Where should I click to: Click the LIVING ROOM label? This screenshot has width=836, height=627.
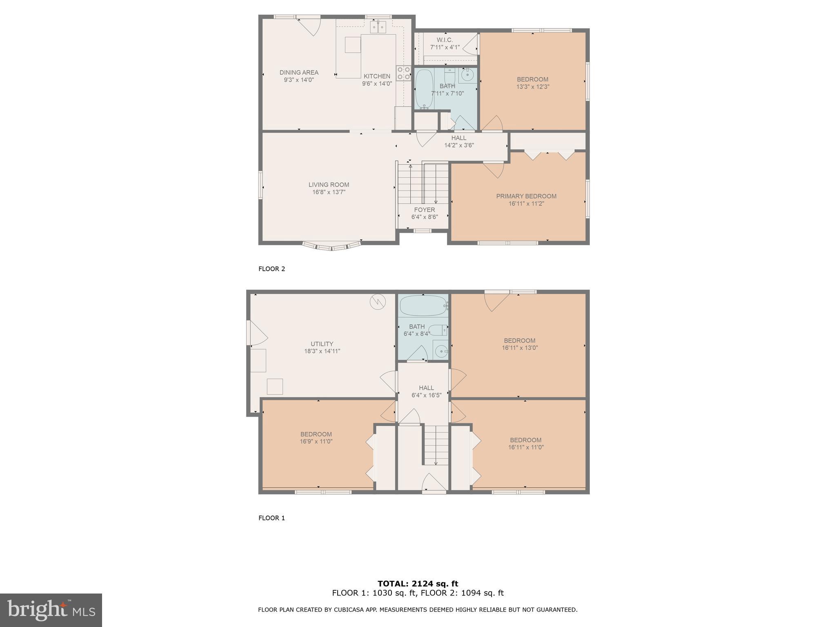coord(329,185)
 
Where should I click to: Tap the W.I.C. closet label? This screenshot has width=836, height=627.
coord(445,40)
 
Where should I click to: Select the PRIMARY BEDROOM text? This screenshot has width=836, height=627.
coord(526,196)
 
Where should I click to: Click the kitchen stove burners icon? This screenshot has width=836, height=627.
coord(404,73)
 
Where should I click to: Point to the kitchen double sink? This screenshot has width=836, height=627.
coord(378,27)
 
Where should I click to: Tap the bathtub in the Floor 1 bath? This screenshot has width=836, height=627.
coord(422,305)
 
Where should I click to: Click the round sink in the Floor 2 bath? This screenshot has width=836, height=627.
coord(467,75)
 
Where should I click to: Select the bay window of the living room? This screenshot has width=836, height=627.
coord(332,246)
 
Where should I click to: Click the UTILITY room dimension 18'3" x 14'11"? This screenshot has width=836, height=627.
coord(322,351)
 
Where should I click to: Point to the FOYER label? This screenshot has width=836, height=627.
coord(425,210)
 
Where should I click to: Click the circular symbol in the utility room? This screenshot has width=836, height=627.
coord(378,302)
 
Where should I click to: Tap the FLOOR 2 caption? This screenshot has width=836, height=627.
coord(271,269)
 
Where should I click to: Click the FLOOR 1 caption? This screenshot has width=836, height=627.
coord(271,518)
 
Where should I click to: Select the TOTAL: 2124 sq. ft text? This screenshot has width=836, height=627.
coord(418,584)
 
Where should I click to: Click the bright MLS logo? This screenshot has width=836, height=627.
coord(51,610)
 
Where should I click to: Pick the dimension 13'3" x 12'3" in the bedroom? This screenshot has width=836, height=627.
coord(533,87)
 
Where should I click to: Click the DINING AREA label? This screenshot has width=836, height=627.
coord(299,73)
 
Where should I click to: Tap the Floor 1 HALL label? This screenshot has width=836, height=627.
coord(426,388)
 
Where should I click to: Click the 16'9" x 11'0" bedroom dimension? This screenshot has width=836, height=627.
coord(316,441)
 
